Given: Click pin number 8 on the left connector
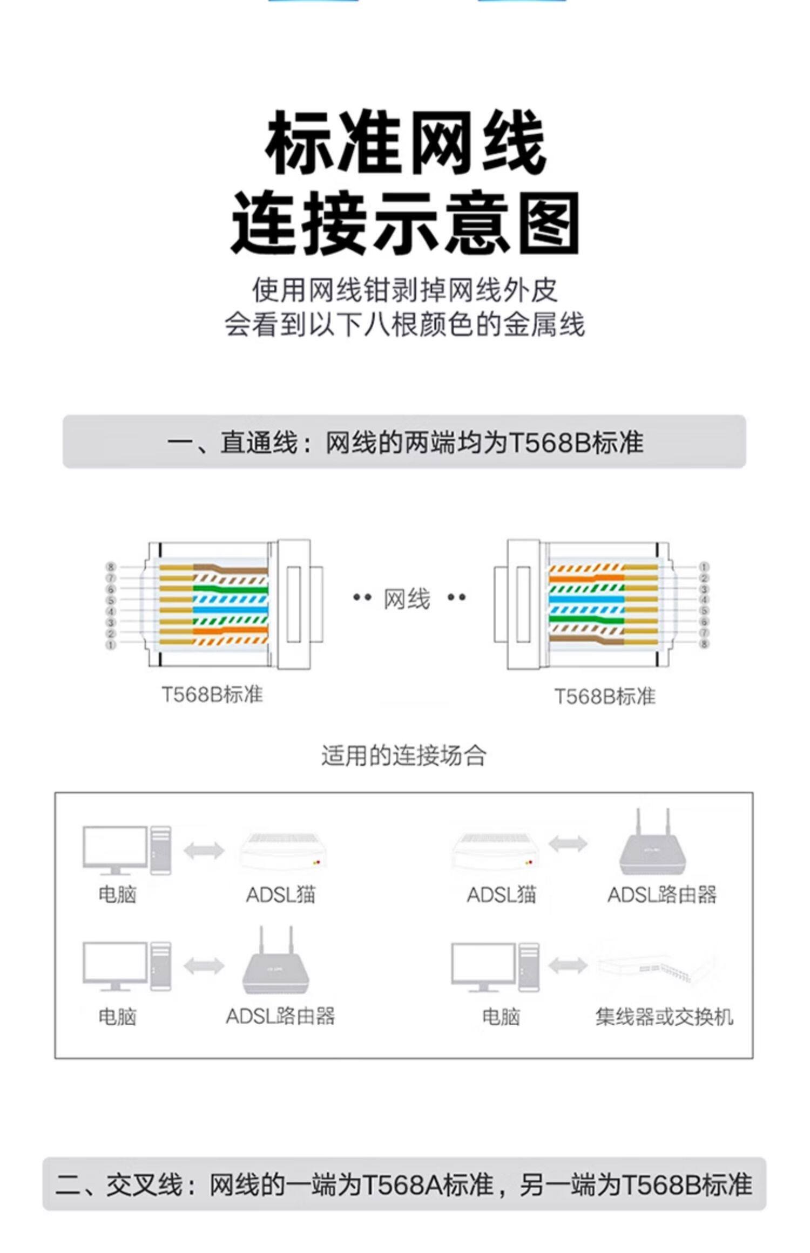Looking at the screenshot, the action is tap(111, 567).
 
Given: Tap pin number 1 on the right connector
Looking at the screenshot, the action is tap(704, 567).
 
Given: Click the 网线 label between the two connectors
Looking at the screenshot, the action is tap(407, 599).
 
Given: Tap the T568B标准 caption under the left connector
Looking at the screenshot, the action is tap(212, 694).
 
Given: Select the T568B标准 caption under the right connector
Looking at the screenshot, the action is tap(605, 697).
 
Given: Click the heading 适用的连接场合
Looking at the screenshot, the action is tap(404, 756).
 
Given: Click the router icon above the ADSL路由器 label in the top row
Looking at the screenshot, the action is tap(653, 845).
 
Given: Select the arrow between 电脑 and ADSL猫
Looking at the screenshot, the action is tap(204, 850).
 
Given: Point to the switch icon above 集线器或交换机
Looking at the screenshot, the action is tap(656, 966).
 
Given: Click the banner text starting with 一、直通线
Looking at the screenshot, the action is tap(404, 442).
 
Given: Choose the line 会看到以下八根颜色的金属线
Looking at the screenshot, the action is tap(404, 325).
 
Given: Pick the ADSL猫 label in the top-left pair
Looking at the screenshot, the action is tap(280, 895).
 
